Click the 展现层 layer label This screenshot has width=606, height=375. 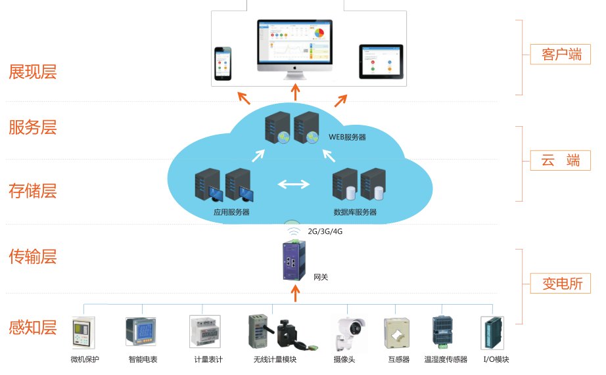tap(32, 72)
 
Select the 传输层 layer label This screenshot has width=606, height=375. tap(32, 257)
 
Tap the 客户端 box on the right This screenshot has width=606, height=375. tap(561, 55)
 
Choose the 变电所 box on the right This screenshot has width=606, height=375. tap(561, 284)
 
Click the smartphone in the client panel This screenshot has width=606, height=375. tap(223, 64)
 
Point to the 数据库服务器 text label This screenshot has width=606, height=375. tap(355, 212)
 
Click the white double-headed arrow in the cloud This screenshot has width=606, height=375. tap(293, 184)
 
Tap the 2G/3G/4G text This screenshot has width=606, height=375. tap(323, 231)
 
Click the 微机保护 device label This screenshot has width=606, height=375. tap(85, 359)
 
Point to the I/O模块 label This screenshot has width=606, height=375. tap(496, 359)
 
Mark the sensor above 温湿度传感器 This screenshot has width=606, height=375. tap(444, 333)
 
